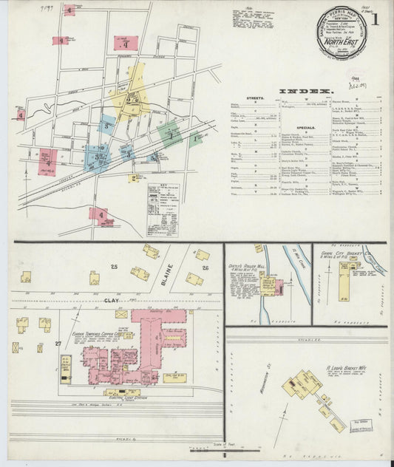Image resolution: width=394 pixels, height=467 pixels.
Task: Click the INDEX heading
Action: pyautogui.click(x=305, y=92)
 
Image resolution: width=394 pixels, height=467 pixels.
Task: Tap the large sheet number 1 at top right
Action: pyautogui.click(x=376, y=20)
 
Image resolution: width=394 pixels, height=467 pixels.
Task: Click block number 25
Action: pyautogui.click(x=115, y=265)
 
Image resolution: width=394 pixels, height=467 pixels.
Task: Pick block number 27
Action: pyautogui.click(x=58, y=344)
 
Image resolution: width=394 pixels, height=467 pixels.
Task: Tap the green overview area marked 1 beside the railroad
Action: pyautogui.click(x=171, y=134)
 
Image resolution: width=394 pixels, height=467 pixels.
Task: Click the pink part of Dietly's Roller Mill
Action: pyautogui.click(x=268, y=284)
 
